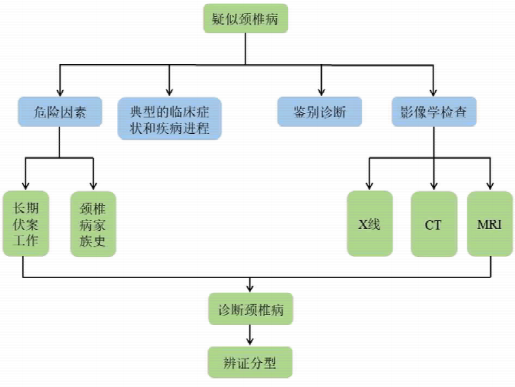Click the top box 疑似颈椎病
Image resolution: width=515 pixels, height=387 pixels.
(x=245, y=19)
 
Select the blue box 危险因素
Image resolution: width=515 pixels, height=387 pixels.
(x=59, y=112)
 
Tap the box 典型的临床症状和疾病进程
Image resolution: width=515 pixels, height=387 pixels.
(x=170, y=118)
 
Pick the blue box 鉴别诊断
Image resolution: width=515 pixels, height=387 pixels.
(x=320, y=112)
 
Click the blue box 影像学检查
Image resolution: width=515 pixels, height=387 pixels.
(x=433, y=112)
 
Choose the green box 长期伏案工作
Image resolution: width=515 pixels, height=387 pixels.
(x=25, y=223)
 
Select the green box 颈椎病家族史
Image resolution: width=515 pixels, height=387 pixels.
(x=93, y=223)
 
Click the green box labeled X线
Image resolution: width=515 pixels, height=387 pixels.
(x=369, y=223)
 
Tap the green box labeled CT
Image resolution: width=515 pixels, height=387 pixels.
(x=433, y=223)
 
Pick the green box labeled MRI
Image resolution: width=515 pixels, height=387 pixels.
(x=490, y=223)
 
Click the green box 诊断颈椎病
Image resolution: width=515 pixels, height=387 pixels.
(x=251, y=309)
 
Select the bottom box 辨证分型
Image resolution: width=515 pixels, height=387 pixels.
(x=251, y=362)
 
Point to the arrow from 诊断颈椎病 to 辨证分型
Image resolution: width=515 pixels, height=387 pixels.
(x=251, y=335)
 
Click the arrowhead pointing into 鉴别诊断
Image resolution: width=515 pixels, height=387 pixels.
(x=320, y=93)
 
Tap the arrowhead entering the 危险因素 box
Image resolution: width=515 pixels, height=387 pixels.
(x=59, y=93)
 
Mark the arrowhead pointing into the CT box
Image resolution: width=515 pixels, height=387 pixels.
(x=433, y=185)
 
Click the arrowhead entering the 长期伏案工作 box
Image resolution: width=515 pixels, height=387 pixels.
(x=25, y=185)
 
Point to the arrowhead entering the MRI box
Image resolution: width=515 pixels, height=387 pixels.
(x=490, y=185)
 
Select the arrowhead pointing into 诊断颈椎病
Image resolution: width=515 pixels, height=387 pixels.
(x=251, y=288)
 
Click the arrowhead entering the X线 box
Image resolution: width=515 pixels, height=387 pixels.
(x=369, y=185)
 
